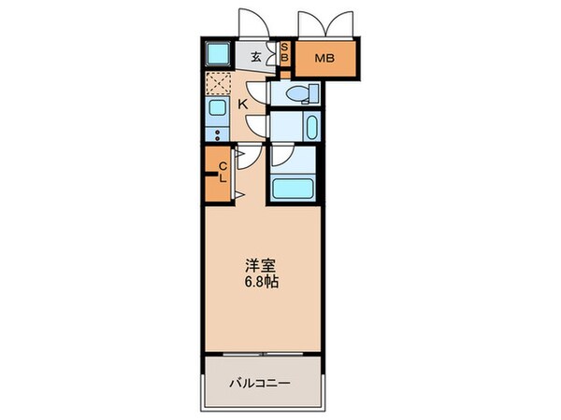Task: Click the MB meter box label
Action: point(323,60)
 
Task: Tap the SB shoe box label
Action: point(286,54)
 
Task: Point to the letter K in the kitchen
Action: point(241,105)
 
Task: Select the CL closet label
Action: point(223,174)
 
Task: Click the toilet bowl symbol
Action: point(301,93)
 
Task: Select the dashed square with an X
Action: point(217,85)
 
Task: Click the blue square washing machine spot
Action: point(217,53)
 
